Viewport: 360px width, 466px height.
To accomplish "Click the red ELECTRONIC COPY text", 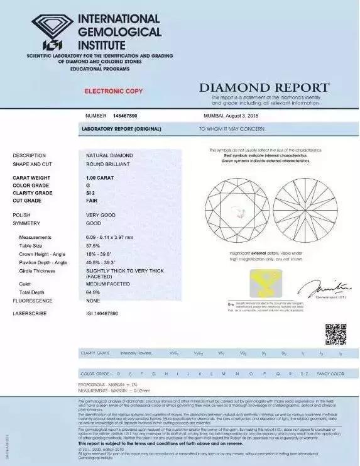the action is (114, 91).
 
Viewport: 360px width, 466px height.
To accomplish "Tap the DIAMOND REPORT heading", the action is (264, 87).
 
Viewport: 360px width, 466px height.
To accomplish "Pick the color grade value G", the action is (88, 186).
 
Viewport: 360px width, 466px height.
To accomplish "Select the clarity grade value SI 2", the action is (92, 193).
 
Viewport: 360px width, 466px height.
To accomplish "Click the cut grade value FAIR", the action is (92, 201).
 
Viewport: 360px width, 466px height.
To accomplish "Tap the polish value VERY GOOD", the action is (101, 214).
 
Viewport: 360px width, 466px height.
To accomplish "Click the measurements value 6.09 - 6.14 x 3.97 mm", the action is (115, 237).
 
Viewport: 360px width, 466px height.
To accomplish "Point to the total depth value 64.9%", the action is (94, 292).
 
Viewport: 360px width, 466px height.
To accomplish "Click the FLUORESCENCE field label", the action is (33, 301).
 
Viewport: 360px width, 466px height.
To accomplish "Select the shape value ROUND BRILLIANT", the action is (105, 164).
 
